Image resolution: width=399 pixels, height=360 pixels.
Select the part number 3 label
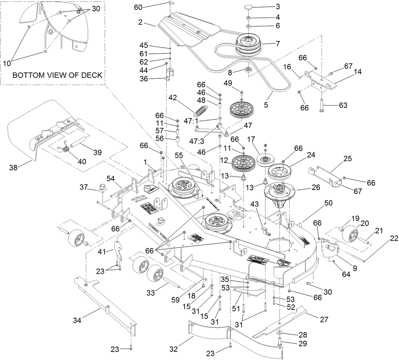[277, 6]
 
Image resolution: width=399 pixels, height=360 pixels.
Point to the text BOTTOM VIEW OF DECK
[57, 75]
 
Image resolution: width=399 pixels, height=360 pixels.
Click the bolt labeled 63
[321, 105]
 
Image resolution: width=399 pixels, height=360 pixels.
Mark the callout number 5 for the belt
[266, 105]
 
